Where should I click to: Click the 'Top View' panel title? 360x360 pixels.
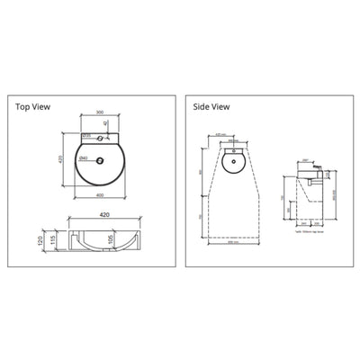pos(33,106)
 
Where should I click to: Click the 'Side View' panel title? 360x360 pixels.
pos(212,106)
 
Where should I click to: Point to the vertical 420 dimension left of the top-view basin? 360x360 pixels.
pos(61,157)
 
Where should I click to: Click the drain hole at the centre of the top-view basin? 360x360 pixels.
pos(100,160)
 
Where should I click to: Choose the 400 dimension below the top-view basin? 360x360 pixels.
pos(100,195)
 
